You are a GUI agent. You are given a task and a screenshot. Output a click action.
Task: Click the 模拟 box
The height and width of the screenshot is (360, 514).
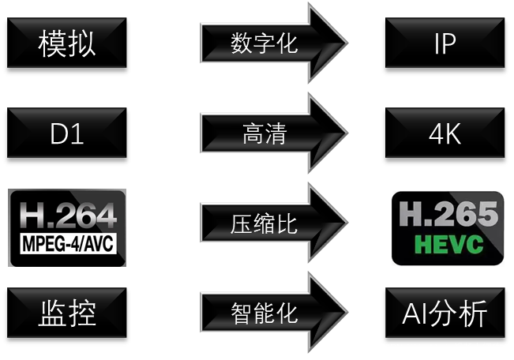point(67,43)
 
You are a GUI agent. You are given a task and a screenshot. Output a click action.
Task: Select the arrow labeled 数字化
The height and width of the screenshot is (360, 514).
point(265,43)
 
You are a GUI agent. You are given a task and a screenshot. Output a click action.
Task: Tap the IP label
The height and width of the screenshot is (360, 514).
point(445,43)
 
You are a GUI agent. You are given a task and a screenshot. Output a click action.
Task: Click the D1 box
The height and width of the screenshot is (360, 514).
point(67,133)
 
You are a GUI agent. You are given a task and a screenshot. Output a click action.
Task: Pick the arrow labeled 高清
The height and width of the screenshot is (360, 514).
point(265,134)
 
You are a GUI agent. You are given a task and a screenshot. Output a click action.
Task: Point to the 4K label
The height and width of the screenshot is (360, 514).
point(445,133)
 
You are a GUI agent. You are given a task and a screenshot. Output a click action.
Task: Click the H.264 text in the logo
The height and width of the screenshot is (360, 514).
point(67,216)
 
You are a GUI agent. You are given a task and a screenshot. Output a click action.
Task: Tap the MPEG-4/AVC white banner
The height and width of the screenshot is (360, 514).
point(67,242)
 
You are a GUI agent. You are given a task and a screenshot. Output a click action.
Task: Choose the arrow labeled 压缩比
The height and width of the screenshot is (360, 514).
point(265,223)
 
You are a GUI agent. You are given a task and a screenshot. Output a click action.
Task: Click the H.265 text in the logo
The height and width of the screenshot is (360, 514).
point(448,215)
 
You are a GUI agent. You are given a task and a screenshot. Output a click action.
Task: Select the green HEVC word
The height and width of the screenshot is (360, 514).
point(448,244)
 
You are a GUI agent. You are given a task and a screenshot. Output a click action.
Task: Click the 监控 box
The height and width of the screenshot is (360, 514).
point(67,313)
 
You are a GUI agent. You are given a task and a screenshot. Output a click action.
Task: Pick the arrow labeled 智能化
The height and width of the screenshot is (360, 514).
point(265,313)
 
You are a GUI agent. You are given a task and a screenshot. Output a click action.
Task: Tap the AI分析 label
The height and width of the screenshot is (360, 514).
point(445,313)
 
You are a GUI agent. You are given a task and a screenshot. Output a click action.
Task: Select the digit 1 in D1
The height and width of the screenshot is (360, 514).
point(77,133)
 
